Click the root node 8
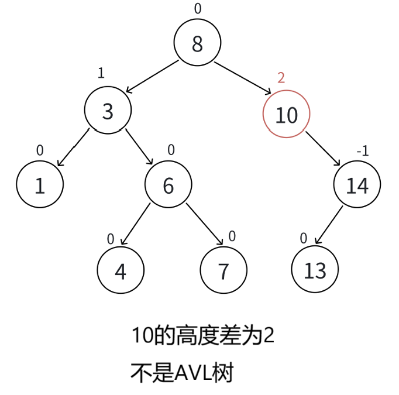click(x=197, y=43)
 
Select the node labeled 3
click(x=108, y=111)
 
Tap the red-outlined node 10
click(x=286, y=115)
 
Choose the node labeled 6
click(x=168, y=185)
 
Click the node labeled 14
click(x=357, y=185)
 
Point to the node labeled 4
click(x=120, y=272)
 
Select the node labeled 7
click(x=223, y=272)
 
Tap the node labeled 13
click(x=315, y=271)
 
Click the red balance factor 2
click(x=281, y=78)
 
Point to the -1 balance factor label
click(x=363, y=151)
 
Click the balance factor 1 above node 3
click(x=101, y=73)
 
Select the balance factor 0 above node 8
click(x=197, y=8)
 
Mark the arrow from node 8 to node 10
click(x=243, y=78)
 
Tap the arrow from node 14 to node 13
click(x=329, y=225)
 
